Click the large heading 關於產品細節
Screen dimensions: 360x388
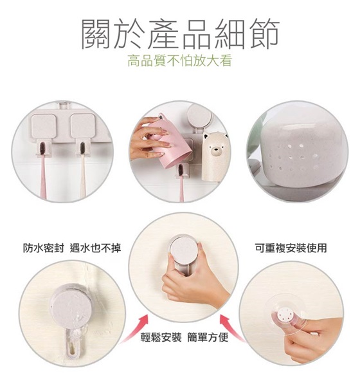181,34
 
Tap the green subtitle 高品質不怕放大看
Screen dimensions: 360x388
180,61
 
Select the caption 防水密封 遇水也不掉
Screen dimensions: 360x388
72,248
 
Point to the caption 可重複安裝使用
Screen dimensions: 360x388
291,248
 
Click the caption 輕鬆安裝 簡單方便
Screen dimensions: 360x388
184,337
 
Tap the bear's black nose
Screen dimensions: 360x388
213,149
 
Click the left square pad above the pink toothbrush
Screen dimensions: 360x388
44,126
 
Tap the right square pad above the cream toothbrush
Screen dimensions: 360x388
84,125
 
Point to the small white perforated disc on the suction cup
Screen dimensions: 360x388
285,315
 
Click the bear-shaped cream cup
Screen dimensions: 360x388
213,156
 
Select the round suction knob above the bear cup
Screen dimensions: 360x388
199,115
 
